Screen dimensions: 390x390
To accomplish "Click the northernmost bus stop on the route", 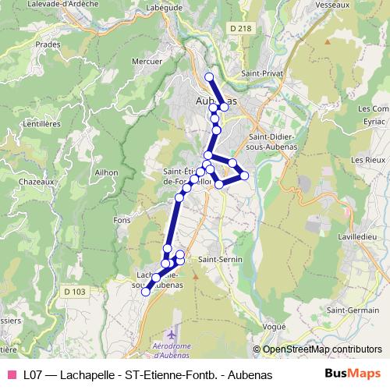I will tap(209, 76).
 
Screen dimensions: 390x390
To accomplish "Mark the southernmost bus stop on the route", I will tap(145, 292).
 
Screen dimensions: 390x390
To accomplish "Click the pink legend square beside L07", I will tap(11, 374).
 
